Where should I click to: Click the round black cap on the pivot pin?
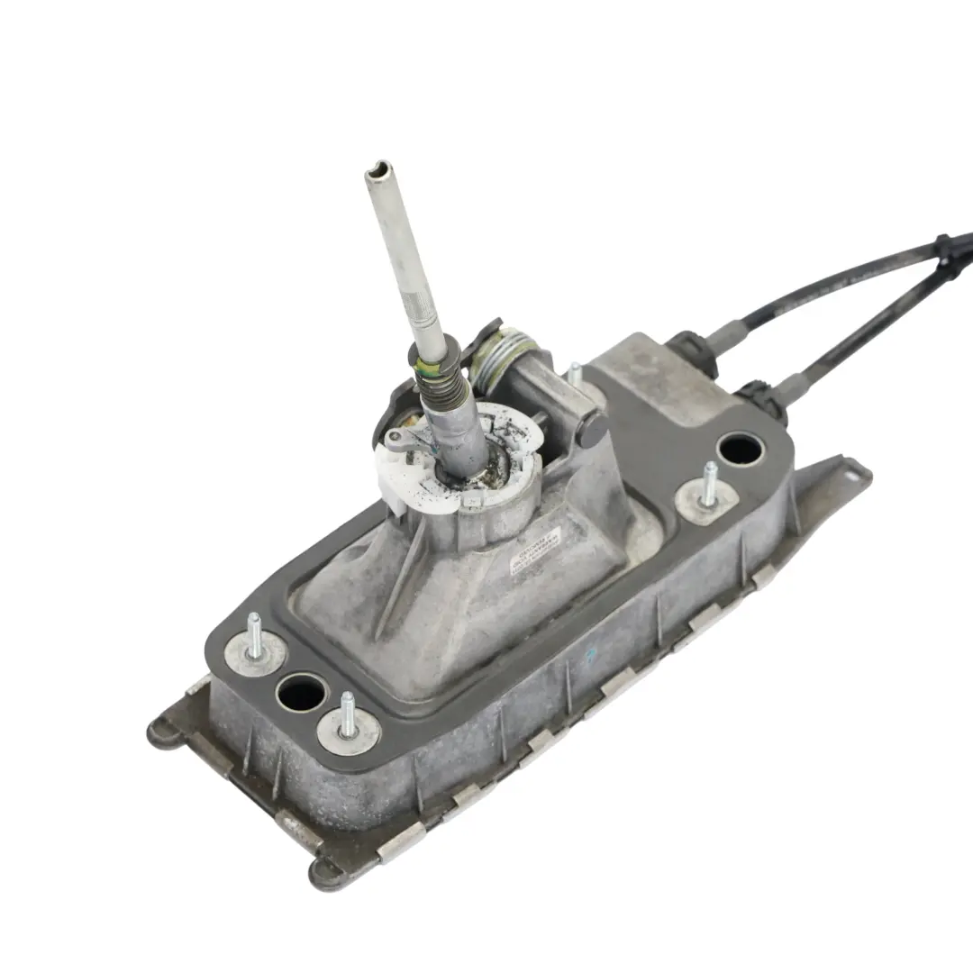pos(593,429)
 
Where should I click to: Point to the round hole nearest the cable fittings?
pos(741,449)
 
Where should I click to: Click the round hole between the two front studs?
pos(302,692)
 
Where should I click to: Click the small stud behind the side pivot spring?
pos(573,373)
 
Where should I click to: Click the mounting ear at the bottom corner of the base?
pos(326,871)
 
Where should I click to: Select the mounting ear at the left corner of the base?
pos(160,734)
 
